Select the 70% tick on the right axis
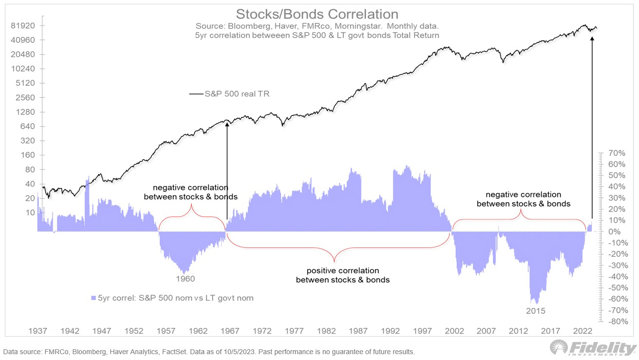click(615, 153)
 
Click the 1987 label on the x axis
click(358, 331)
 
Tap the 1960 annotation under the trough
click(185, 279)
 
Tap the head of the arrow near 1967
click(227, 125)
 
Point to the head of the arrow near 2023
click(592, 37)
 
